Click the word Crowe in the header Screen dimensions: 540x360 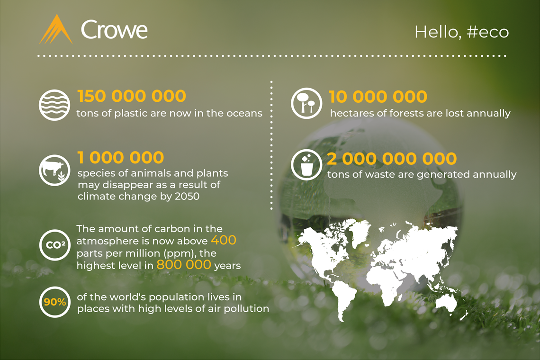point(114,30)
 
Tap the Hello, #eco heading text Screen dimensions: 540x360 point(461,32)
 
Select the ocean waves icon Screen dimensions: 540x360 point(54,105)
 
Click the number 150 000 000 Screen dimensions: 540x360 point(132,96)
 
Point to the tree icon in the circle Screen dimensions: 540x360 point(306,103)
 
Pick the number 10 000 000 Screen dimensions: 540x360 point(378,97)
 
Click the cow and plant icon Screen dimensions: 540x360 point(54,170)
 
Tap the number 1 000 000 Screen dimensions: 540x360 point(120,157)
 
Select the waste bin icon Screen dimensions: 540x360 point(306,165)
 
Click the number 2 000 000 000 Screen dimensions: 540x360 point(392,159)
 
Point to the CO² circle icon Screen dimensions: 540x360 point(54,245)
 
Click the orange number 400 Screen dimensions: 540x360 point(224,240)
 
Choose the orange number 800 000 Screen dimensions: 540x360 point(184,265)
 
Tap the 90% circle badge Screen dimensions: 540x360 point(55,302)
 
